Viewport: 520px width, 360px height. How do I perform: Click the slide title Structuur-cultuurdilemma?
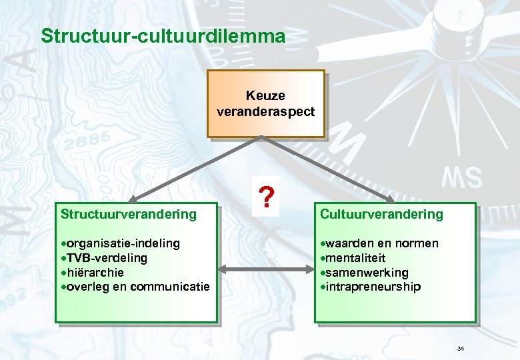pos(163,35)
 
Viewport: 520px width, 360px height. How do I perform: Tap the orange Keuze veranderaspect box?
pos(265,103)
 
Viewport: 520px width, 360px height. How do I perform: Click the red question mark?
pos(266,197)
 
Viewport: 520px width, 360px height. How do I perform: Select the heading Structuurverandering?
pos(129,214)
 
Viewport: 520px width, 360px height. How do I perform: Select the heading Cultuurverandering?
pos(381,214)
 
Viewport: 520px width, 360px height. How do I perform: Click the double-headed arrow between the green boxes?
pos(266,269)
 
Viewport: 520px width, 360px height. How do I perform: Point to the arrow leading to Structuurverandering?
pos(193,169)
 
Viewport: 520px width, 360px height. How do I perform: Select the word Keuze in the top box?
pos(265,97)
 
